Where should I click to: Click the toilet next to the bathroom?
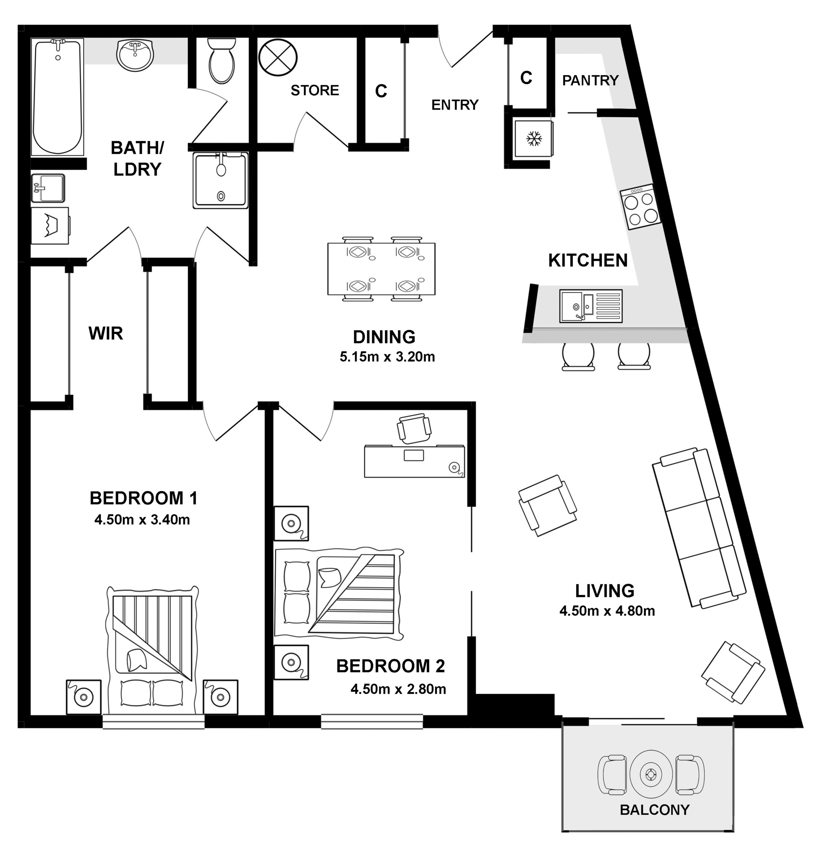point(221,61)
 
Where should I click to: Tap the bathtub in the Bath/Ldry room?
point(57,96)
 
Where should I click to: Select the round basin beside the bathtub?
point(135,55)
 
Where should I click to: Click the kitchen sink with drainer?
point(590,307)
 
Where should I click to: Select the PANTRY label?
point(590,81)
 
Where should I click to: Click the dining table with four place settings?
point(381,269)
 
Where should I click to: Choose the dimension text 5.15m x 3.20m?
point(387,357)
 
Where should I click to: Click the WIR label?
point(106,333)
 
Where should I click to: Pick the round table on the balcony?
point(651,774)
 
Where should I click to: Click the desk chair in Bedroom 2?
point(414,428)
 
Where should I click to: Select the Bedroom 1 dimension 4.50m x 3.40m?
point(142,520)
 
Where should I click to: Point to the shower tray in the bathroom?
point(220,180)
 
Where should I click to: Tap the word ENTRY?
point(455,105)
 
